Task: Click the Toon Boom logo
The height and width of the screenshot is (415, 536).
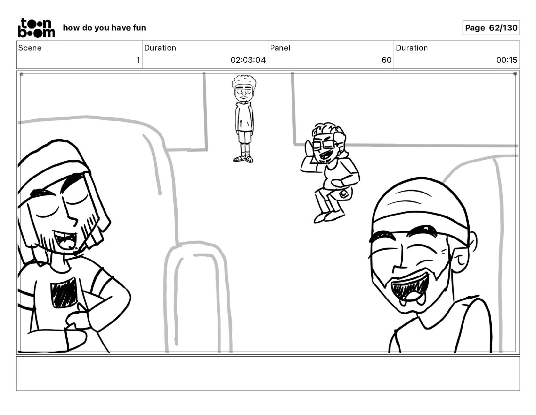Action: tap(37, 28)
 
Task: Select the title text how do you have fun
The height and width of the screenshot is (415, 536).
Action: tap(105, 28)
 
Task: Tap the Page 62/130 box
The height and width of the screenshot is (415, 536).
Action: tap(491, 28)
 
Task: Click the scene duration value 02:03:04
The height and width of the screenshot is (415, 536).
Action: tap(248, 60)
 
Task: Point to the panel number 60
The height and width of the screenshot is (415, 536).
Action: tap(386, 60)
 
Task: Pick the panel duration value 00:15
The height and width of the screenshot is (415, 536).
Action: tap(507, 60)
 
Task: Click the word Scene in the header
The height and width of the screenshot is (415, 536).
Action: tap(30, 48)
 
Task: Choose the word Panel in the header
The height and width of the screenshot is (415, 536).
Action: tap(280, 48)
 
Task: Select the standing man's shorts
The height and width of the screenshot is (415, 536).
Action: tap(244, 137)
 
